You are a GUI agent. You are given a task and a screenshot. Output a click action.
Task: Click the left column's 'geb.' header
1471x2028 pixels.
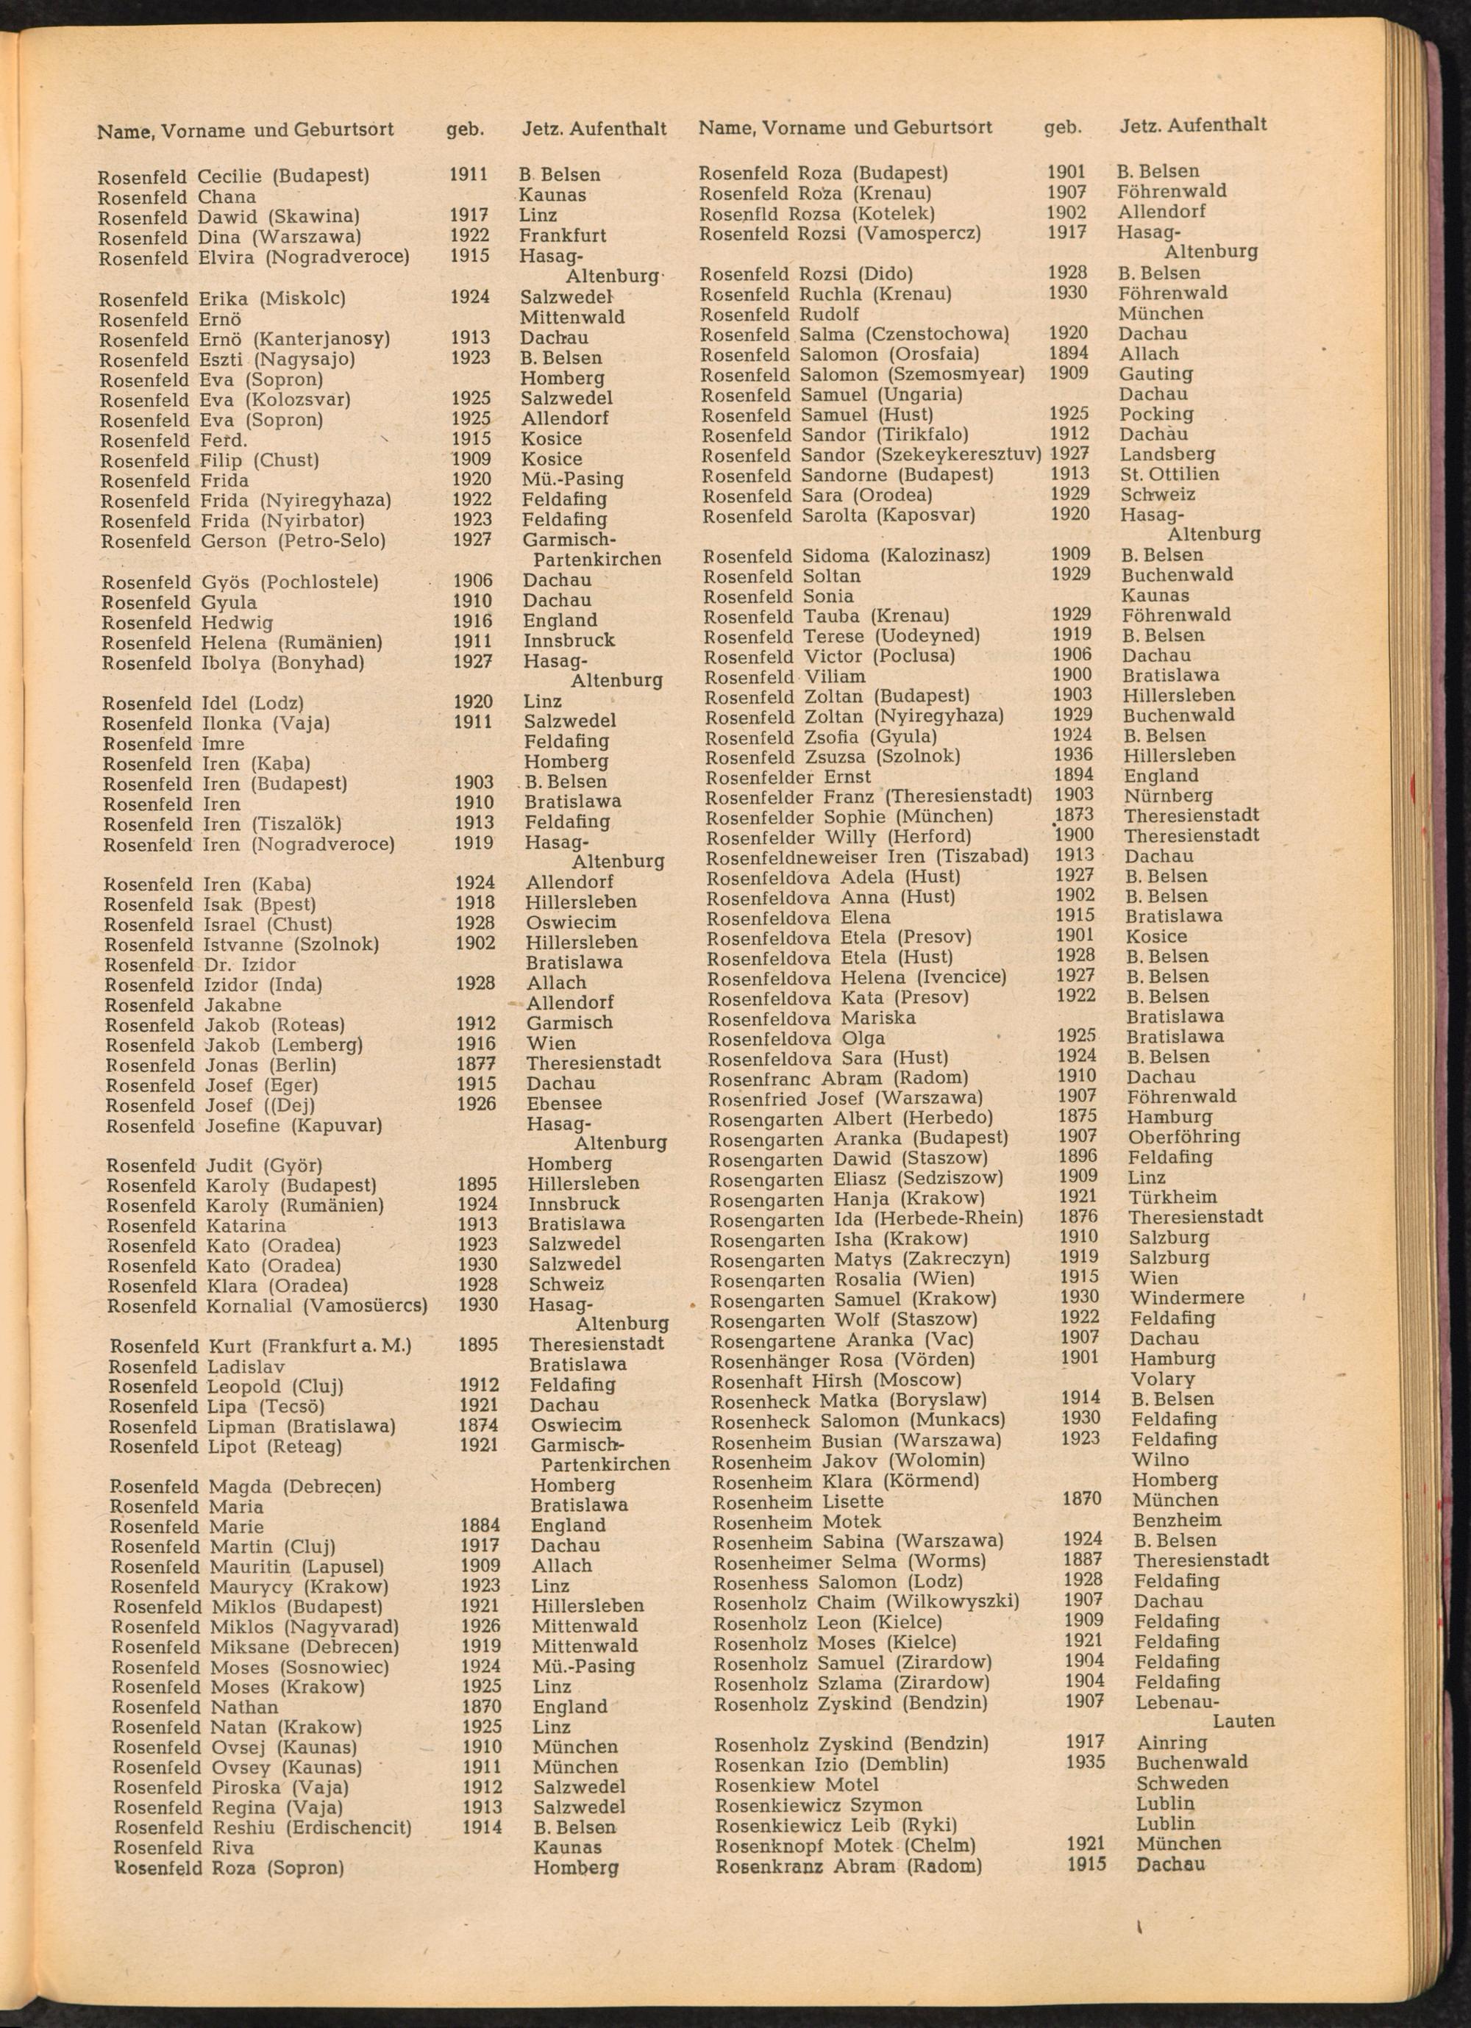(465, 129)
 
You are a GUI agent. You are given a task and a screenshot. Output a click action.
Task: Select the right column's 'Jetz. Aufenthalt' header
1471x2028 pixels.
(1193, 125)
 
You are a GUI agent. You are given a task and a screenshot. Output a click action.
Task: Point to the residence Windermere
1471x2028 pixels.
(1186, 1297)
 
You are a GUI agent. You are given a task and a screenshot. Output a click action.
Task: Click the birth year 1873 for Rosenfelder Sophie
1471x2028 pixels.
(1074, 815)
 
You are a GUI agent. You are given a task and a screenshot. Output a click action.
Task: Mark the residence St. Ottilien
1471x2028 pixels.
(1169, 474)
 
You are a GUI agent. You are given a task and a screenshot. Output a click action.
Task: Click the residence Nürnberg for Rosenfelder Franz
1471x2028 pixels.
(1168, 795)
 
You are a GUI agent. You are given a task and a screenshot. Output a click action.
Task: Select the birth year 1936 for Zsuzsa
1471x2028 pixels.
(1074, 754)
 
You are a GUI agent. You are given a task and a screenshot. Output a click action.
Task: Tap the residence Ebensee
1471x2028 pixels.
(564, 1104)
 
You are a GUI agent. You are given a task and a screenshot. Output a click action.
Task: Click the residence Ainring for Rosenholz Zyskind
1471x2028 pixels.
(1172, 1742)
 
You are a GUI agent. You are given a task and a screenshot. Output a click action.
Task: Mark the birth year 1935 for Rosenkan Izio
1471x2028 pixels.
(1086, 1762)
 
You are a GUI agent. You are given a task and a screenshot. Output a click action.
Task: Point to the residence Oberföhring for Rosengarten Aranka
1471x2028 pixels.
(1184, 1137)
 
